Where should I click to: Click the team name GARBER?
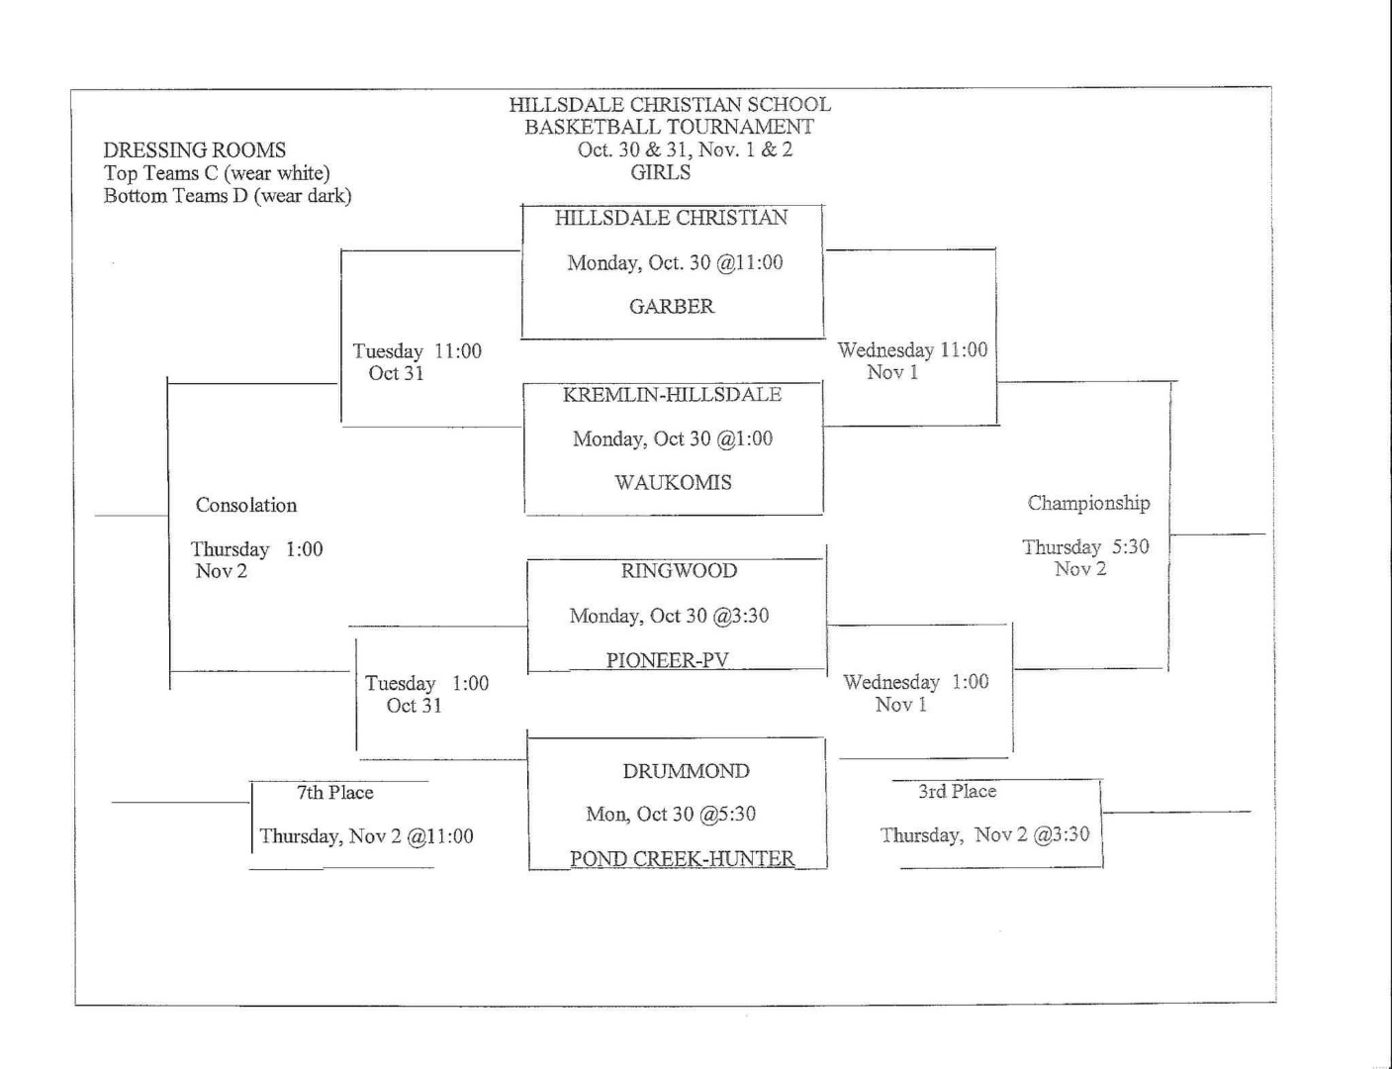tap(672, 306)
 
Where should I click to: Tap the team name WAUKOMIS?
tap(673, 483)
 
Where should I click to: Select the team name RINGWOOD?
tap(679, 570)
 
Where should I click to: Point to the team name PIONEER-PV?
tap(668, 660)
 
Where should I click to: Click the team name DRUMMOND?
tap(686, 771)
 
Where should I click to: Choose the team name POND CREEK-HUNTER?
tap(683, 858)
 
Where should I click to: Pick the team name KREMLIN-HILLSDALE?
tap(672, 394)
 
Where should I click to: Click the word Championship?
tap(1088, 504)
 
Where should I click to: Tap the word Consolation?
tap(246, 505)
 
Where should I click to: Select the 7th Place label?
tap(335, 793)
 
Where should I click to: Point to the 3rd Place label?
tap(957, 792)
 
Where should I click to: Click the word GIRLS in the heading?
tap(661, 172)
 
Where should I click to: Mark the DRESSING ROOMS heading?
tap(195, 150)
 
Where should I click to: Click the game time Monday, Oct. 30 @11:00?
tap(675, 262)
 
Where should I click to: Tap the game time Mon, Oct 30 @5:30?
tap(671, 814)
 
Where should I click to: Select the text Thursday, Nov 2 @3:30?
tap(984, 834)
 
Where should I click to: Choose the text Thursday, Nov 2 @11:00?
tap(366, 836)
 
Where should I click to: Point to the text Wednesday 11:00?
tap(912, 350)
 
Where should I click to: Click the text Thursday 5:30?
tap(1085, 547)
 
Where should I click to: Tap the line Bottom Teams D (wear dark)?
tap(228, 195)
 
